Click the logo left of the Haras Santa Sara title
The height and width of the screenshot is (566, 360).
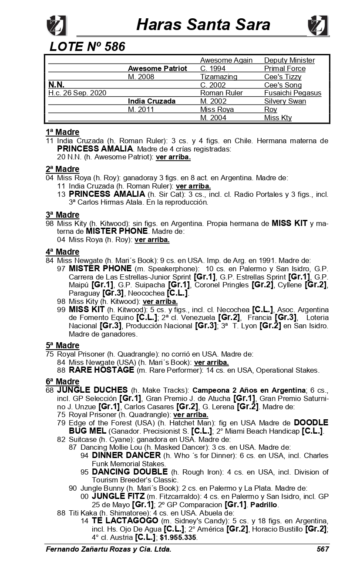[x=57, y=25]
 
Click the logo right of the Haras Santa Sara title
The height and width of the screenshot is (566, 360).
[x=318, y=25]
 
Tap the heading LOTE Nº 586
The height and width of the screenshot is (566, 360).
[x=87, y=47]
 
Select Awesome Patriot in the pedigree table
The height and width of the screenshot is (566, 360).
[x=157, y=68]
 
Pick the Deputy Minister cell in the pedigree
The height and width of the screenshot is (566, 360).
[x=289, y=60]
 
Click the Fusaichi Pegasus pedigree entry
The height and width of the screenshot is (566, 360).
[x=293, y=93]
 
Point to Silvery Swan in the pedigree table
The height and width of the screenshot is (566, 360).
[x=285, y=101]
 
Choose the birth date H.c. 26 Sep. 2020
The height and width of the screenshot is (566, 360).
[x=77, y=93]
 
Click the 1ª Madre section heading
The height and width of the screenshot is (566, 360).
[x=63, y=132]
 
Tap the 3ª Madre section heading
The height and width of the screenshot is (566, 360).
[x=63, y=215]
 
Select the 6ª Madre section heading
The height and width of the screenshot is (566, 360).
[x=63, y=381]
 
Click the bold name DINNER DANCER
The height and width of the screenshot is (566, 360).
[x=126, y=455]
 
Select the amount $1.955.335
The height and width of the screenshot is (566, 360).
[x=178, y=537]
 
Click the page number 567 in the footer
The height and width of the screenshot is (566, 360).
[x=323, y=549]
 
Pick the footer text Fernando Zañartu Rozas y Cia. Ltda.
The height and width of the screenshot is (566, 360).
[x=108, y=549]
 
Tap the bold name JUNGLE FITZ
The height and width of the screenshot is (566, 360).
[x=118, y=496]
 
